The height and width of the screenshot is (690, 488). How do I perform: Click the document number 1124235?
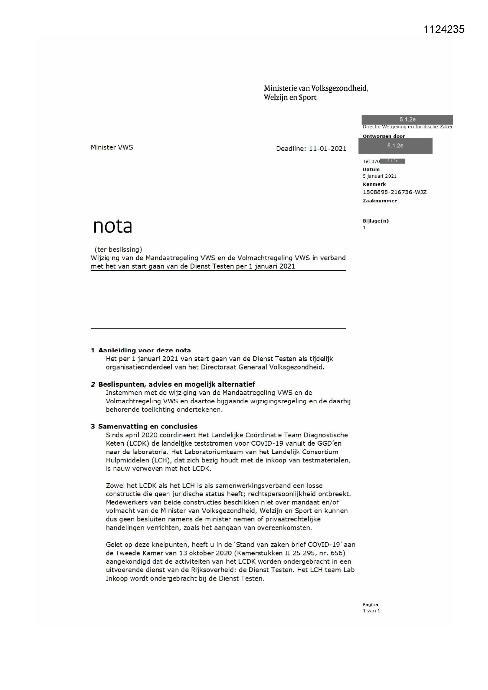444,29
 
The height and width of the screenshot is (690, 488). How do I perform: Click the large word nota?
112,226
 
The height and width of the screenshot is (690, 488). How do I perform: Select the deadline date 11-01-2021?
327,149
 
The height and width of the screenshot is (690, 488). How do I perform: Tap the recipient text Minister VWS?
112,148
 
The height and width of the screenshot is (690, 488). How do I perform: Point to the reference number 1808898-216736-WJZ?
394,192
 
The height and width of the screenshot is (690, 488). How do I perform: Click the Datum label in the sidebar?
371,169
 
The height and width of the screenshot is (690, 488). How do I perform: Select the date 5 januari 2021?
379,176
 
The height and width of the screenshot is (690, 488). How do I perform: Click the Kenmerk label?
374,184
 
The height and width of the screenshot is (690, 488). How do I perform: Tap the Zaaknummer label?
380,201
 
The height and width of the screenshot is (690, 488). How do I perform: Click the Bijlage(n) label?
376,221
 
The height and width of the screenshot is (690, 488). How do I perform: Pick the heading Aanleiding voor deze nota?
144,350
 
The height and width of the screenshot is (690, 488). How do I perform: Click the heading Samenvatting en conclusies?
148,426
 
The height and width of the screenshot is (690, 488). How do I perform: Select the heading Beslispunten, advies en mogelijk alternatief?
176,384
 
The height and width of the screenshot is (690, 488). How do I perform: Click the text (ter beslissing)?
118,249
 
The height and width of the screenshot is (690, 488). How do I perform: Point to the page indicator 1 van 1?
371,611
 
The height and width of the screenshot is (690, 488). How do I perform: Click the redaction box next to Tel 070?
392,161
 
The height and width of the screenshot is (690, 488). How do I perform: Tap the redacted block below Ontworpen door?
395,146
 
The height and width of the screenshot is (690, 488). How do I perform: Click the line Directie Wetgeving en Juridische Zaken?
408,127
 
